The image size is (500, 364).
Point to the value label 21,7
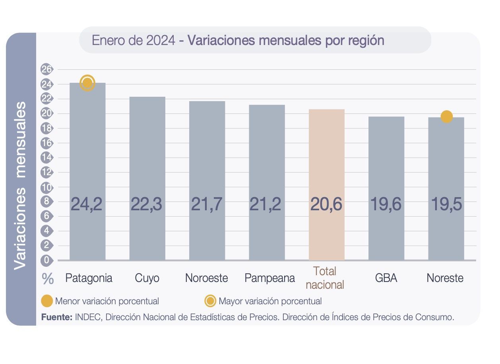pos(207,204)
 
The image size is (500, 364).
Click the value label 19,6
pos(386,204)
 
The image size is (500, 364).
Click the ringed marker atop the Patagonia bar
pos(87,83)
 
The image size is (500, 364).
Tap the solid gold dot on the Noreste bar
pos(446,117)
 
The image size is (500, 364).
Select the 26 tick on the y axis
pos(47,70)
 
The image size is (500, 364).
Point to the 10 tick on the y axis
pos(47,187)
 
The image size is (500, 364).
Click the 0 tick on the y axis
pos(47,260)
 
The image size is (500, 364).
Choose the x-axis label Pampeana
pos(270,278)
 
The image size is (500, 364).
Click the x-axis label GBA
pos(386,278)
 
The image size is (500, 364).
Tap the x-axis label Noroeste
pos(207,278)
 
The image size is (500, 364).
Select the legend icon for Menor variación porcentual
pos(47,301)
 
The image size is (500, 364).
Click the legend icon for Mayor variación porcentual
pos(210,301)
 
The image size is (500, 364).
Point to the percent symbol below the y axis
pos(48,279)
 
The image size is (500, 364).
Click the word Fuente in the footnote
pos(56,317)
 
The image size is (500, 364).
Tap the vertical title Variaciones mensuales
pos(21,185)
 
